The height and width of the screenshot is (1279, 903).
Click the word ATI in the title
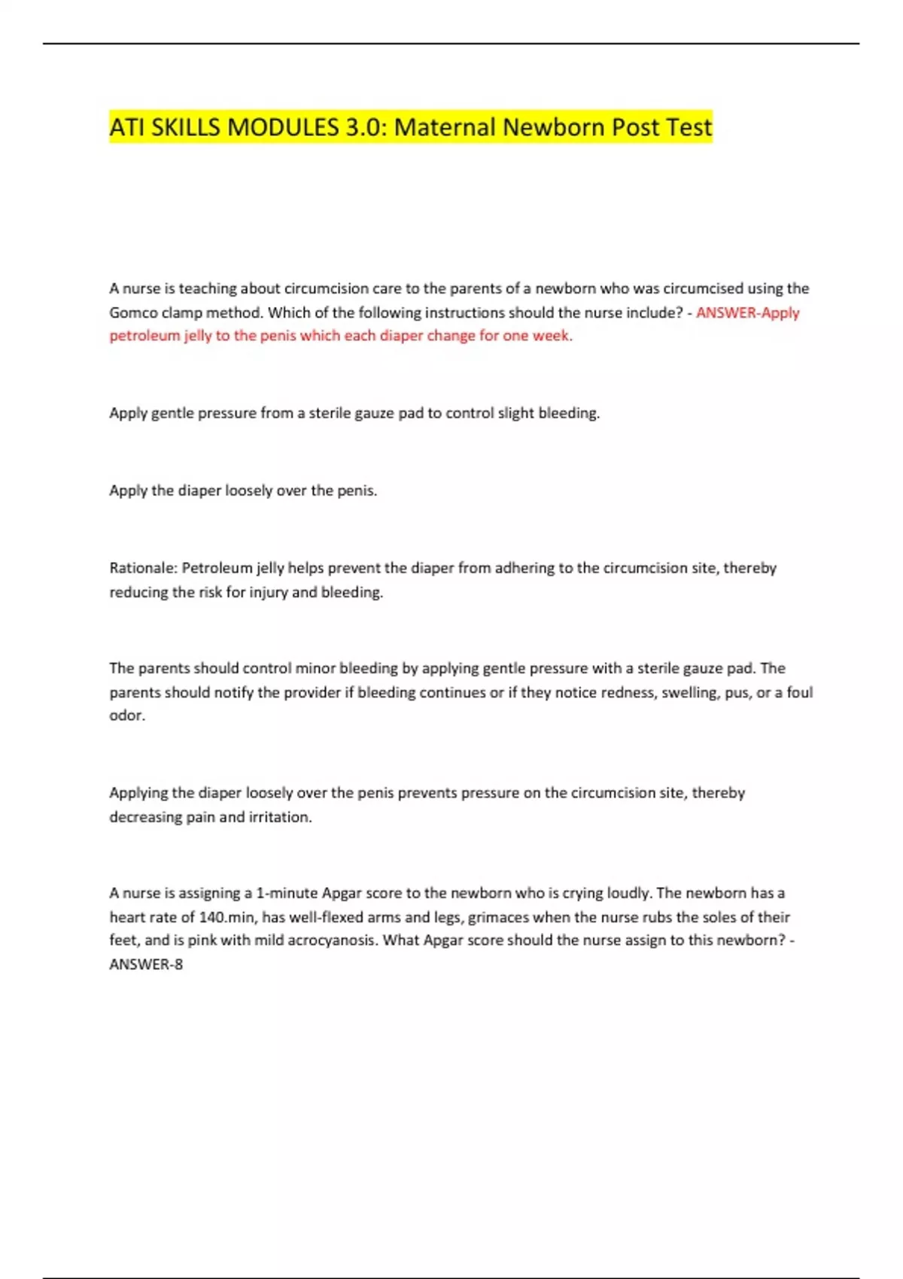[x=127, y=127]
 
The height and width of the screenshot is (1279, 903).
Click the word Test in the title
[x=687, y=127]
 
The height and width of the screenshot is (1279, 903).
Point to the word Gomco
[x=133, y=312]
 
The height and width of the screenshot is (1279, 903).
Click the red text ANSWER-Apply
[x=747, y=312]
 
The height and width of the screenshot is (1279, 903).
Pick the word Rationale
[x=143, y=568]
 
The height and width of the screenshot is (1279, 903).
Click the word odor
[x=126, y=715]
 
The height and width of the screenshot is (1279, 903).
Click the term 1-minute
[x=286, y=893]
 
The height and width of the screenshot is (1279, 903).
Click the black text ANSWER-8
[x=146, y=965]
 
